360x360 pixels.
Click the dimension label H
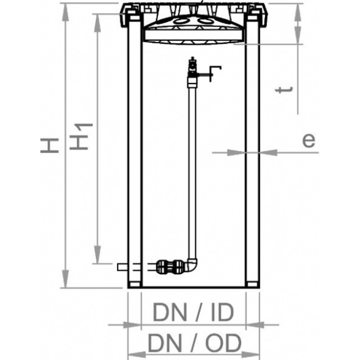(x=49, y=145)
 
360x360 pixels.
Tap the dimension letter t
(x=284, y=90)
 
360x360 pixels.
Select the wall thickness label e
(x=308, y=140)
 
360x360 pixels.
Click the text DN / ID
(x=193, y=312)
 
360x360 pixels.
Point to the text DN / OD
(x=194, y=343)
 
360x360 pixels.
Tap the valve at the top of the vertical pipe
(x=193, y=68)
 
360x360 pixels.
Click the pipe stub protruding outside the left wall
(x=122, y=267)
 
